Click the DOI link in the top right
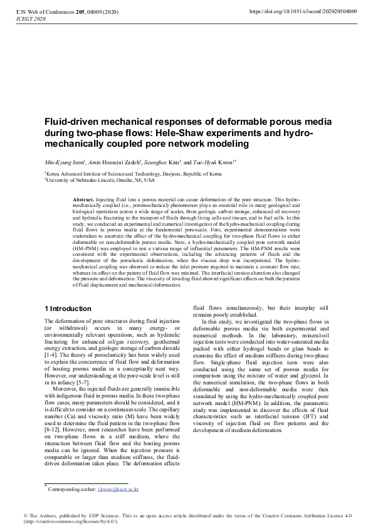(303, 11)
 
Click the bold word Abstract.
(85, 199)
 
